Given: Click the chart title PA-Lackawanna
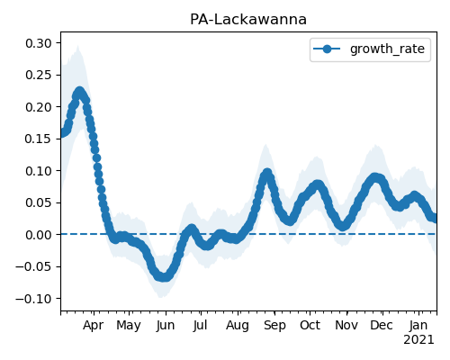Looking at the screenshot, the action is pos(248,20).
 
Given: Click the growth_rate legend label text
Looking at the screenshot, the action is pos(387,49).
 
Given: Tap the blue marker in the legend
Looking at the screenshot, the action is pos(327,49).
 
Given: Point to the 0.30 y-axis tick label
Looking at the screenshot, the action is pos(39,43).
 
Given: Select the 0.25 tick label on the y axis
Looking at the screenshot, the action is pos(39,75).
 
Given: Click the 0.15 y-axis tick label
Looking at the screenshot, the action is pos(39,139).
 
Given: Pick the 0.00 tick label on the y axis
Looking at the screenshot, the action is pos(39,235).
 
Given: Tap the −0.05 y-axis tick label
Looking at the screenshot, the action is pos(33,266).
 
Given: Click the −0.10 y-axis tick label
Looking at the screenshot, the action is pos(33,299).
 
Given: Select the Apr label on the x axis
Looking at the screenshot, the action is pos(94,326).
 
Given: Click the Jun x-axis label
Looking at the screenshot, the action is pos(166,326).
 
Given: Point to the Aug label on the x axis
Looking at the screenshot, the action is pos(238,326).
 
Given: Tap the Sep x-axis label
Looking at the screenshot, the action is pos(274,326).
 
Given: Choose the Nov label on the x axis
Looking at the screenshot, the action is pos(346,326).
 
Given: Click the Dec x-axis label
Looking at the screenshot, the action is pos(382,326).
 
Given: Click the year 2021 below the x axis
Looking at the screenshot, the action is pos(418,340).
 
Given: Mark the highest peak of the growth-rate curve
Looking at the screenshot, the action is pos(79,92).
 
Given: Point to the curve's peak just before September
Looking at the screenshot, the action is pos(266,174).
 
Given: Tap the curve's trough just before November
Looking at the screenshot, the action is pos(344,226).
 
